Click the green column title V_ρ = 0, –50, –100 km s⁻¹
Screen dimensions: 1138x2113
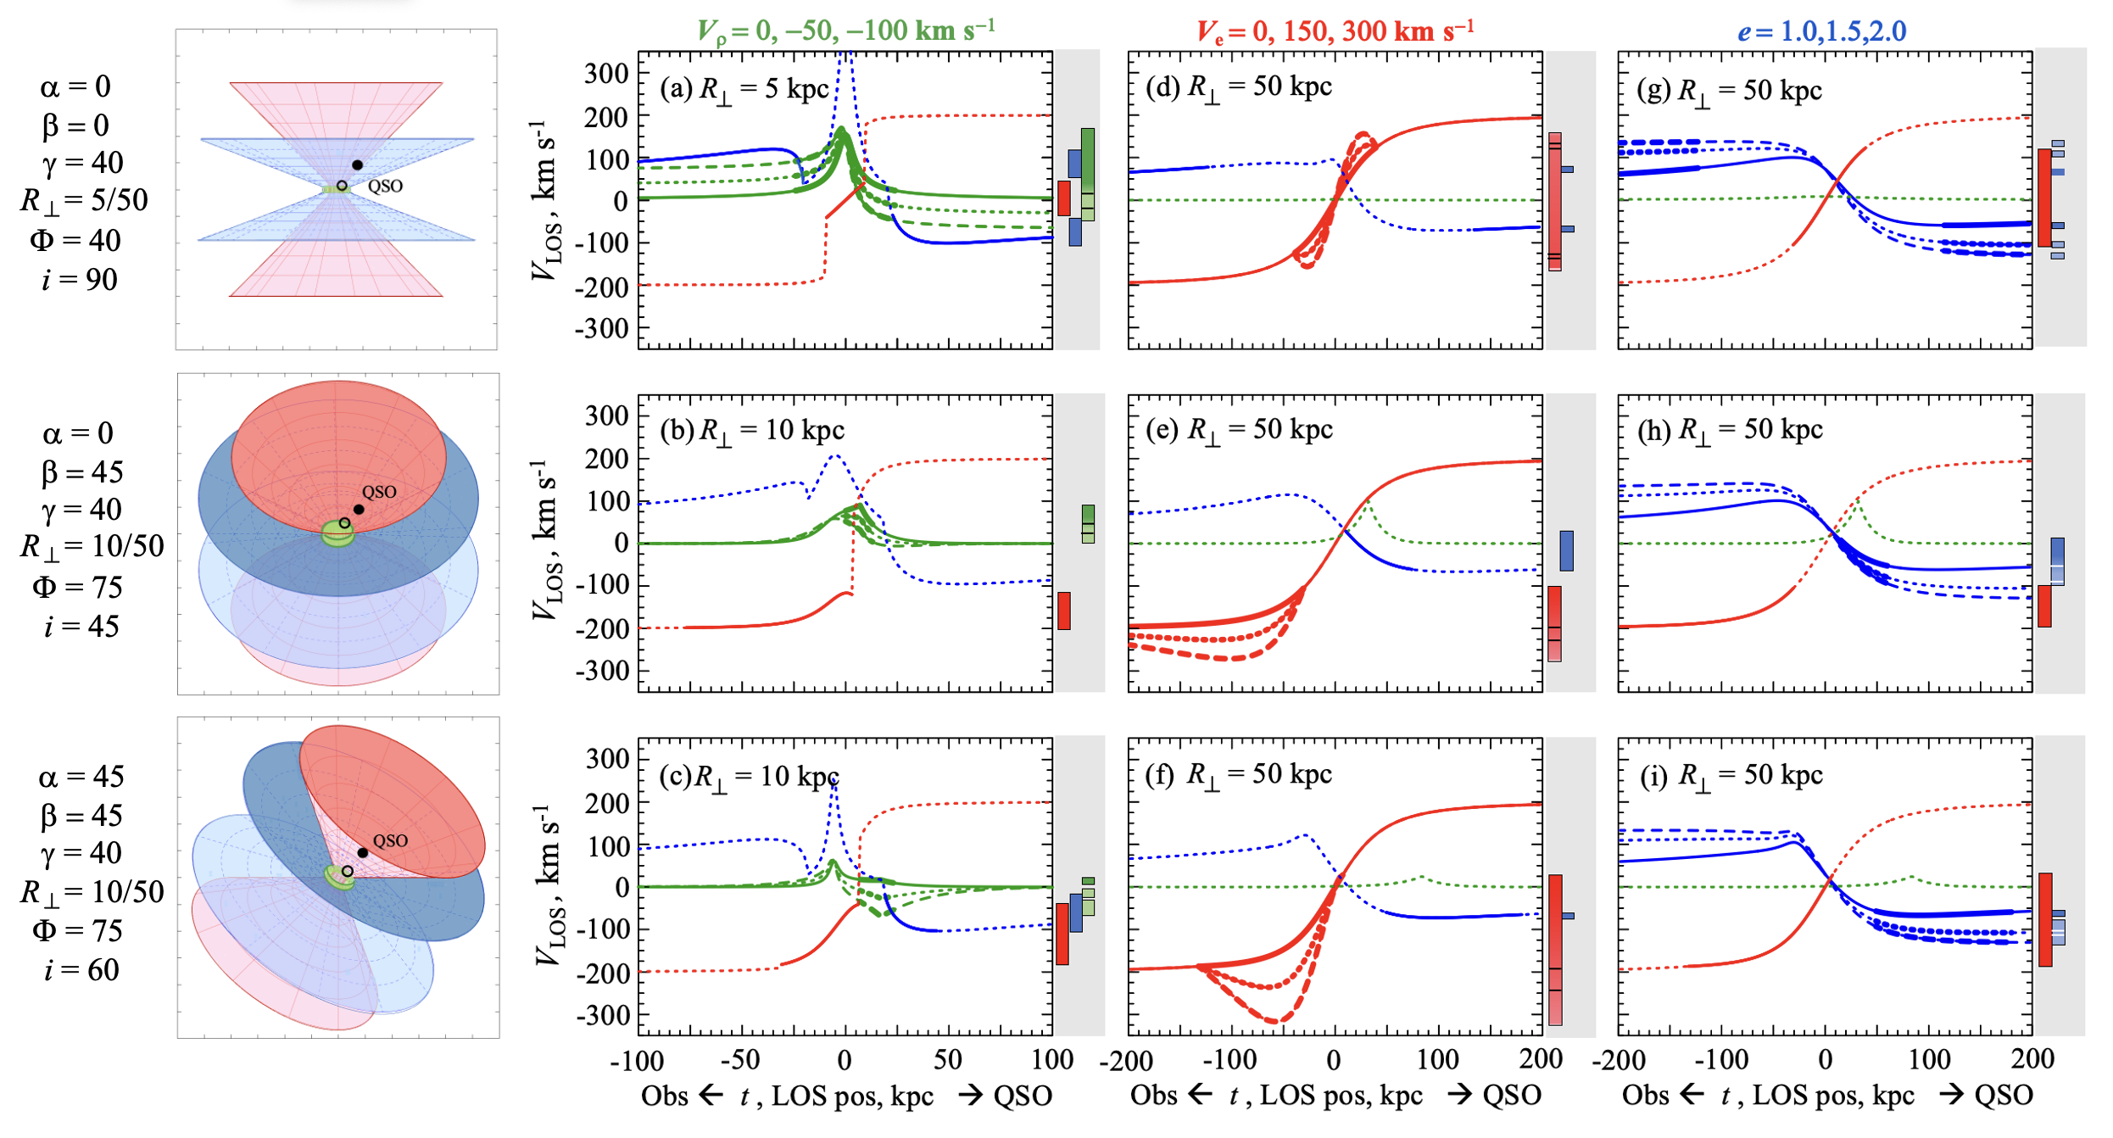tap(845, 31)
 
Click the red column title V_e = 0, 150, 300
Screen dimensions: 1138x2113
tap(1335, 31)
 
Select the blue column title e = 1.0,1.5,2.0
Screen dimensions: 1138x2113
tap(1821, 31)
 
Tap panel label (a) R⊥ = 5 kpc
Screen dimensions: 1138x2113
tap(744, 89)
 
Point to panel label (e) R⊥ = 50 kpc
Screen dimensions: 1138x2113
tap(1239, 430)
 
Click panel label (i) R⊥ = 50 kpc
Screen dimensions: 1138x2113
tap(1729, 775)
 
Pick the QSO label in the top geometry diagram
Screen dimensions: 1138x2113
tap(386, 186)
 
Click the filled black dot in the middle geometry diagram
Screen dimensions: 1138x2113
tap(359, 510)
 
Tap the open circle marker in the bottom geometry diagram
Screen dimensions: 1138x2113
tap(348, 871)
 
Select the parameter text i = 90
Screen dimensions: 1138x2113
tap(80, 280)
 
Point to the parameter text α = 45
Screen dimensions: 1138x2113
tap(81, 777)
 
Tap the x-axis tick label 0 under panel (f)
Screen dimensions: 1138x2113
tap(1334, 1059)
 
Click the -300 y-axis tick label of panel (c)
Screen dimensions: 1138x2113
tap(602, 1015)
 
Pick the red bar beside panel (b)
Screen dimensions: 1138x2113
tap(1063, 611)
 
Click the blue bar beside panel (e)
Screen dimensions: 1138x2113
tap(1566, 550)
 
